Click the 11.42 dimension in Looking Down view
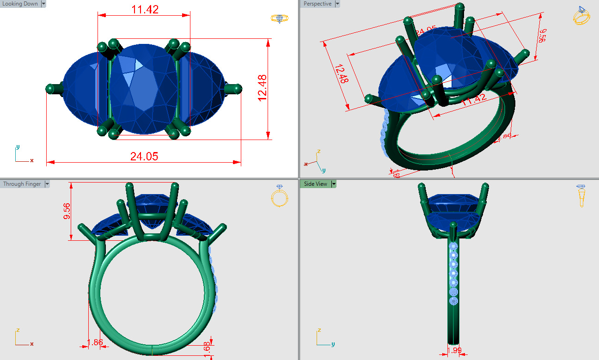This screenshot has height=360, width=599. tap(145, 9)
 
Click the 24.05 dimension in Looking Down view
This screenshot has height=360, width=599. tap(144, 157)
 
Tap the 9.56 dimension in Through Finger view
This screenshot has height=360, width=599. tap(67, 211)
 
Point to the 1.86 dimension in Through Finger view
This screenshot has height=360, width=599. tap(95, 342)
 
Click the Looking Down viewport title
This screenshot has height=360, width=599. tap(20, 4)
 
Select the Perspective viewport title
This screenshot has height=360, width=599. tap(318, 4)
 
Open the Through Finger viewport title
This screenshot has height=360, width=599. tap(22, 184)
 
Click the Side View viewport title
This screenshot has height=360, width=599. tap(315, 184)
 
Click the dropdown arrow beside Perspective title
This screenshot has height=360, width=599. tap(337, 4)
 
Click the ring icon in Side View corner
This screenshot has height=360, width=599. tap(581, 195)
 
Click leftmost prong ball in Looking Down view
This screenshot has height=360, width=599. tap(49, 89)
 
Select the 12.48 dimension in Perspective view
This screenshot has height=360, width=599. tap(341, 74)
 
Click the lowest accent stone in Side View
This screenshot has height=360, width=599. tap(453, 301)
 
